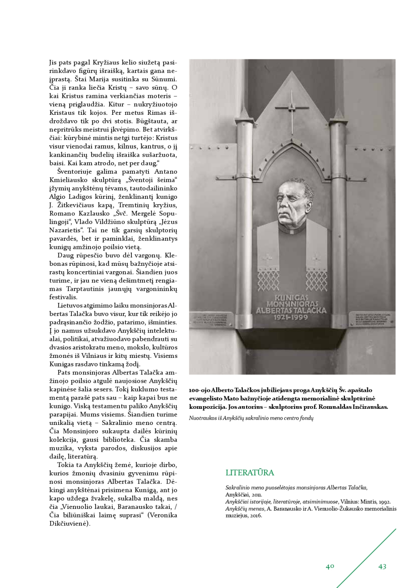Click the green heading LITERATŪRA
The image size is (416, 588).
250,473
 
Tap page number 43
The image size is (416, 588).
382,567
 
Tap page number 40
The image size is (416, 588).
330,567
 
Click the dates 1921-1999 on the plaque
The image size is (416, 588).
291,318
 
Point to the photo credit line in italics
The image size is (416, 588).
251,418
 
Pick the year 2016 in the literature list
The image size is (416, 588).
256,515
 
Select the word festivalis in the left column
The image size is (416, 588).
63,297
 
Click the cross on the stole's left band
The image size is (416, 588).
267,260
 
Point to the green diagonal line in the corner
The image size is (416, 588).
366,559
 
